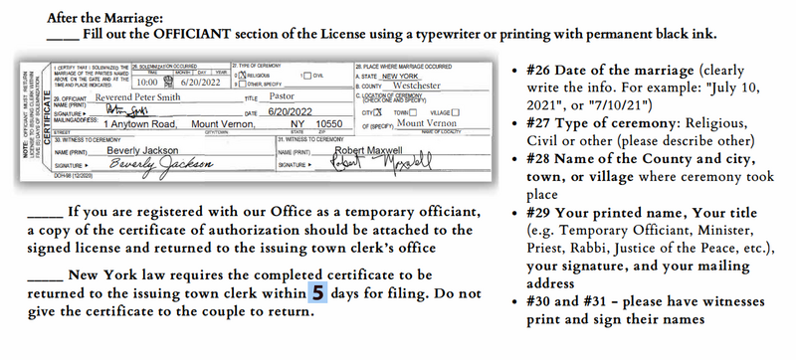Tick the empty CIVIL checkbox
304,76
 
